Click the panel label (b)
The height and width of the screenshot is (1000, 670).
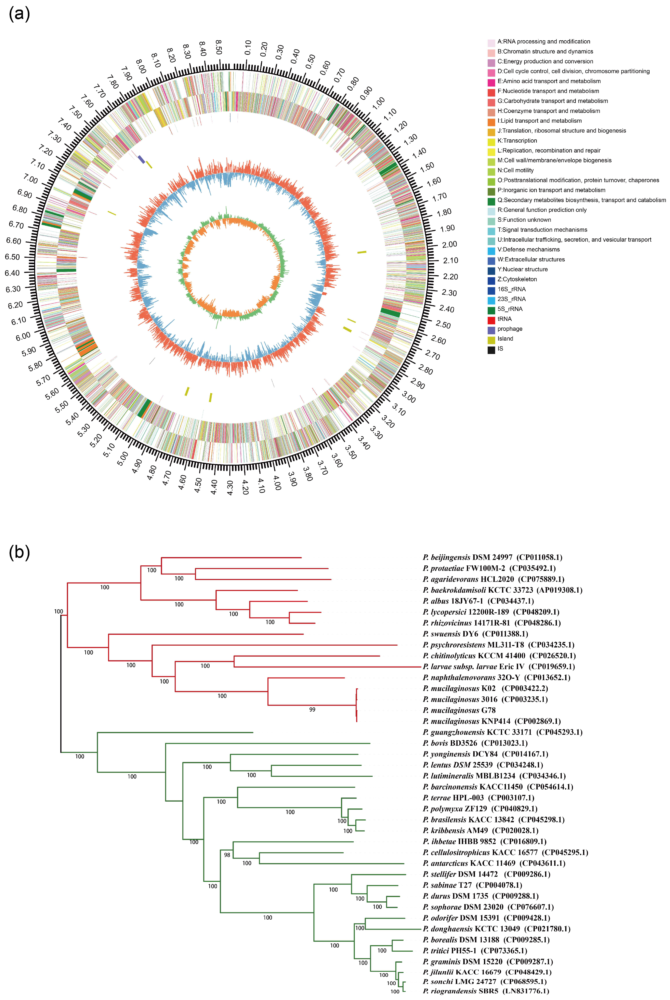[19, 552]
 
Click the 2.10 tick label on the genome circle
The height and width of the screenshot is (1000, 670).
[450, 260]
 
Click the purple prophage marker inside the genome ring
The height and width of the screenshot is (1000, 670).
[141, 159]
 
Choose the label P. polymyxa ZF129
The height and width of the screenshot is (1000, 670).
[455, 809]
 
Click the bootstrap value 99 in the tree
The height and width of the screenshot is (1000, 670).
[312, 710]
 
